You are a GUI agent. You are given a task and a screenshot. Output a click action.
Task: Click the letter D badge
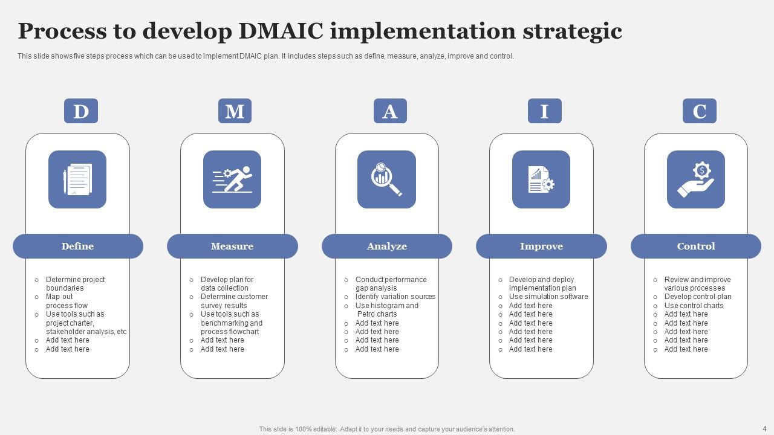pyautogui.click(x=80, y=111)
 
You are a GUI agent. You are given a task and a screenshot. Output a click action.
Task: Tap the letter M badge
pyautogui.click(x=235, y=111)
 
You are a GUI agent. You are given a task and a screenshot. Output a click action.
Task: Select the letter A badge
pyautogui.click(x=390, y=111)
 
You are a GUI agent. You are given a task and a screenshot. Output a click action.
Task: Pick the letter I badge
pyautogui.click(x=544, y=111)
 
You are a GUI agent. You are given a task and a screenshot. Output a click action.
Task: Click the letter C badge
pyautogui.click(x=699, y=111)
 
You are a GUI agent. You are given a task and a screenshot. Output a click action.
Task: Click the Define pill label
pyautogui.click(x=77, y=246)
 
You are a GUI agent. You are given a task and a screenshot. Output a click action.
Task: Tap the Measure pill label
pyautogui.click(x=232, y=246)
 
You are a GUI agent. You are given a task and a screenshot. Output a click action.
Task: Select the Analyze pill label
pyautogui.click(x=387, y=246)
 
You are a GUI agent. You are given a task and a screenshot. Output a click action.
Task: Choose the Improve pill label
pyautogui.click(x=541, y=246)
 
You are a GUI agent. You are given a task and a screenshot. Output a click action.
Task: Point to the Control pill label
pyautogui.click(x=696, y=246)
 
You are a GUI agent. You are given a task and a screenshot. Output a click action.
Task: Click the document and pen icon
pyautogui.click(x=77, y=179)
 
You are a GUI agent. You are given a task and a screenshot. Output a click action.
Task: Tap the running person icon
pyautogui.click(x=232, y=179)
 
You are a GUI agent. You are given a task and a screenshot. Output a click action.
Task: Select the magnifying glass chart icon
pyautogui.click(x=386, y=179)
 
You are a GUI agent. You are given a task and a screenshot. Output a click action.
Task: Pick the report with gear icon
pyautogui.click(x=541, y=179)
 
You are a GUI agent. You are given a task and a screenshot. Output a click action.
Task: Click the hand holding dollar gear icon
pyautogui.click(x=696, y=179)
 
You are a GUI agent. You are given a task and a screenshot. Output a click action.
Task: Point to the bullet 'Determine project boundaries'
pyautogui.click(x=75, y=284)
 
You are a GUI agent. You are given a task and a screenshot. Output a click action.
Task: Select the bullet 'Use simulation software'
pyautogui.click(x=548, y=297)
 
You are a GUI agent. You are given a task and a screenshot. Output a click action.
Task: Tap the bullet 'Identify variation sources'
pyautogui.click(x=395, y=297)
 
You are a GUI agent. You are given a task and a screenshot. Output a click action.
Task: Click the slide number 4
pyautogui.click(x=764, y=428)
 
